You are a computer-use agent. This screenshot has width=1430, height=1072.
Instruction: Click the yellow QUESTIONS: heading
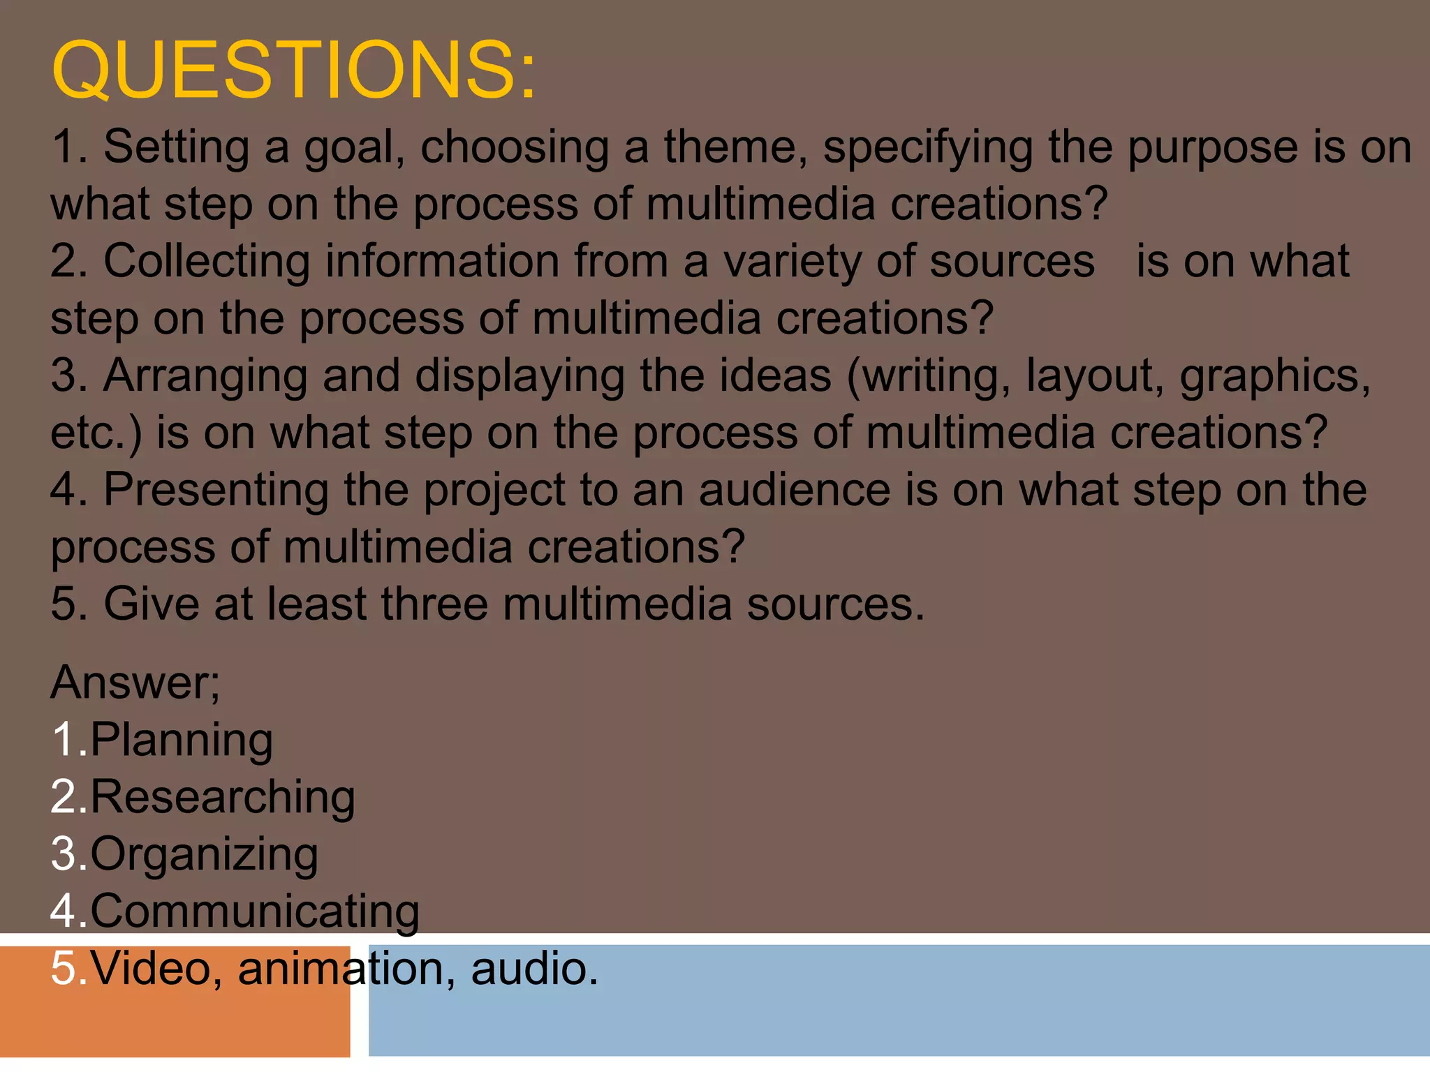point(293,70)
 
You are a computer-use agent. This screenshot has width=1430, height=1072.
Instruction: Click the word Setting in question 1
point(176,148)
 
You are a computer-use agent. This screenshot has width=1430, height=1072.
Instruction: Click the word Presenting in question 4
point(216,491)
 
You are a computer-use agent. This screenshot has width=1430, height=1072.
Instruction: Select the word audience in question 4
point(795,491)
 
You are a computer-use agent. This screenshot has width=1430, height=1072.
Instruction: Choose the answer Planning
point(181,740)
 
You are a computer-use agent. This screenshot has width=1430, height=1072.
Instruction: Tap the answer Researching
point(222,797)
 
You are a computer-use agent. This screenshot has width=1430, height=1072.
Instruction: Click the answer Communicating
point(254,911)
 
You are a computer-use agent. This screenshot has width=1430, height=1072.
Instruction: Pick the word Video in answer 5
point(151,969)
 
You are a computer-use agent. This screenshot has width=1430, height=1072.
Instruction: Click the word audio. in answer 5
point(535,969)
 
